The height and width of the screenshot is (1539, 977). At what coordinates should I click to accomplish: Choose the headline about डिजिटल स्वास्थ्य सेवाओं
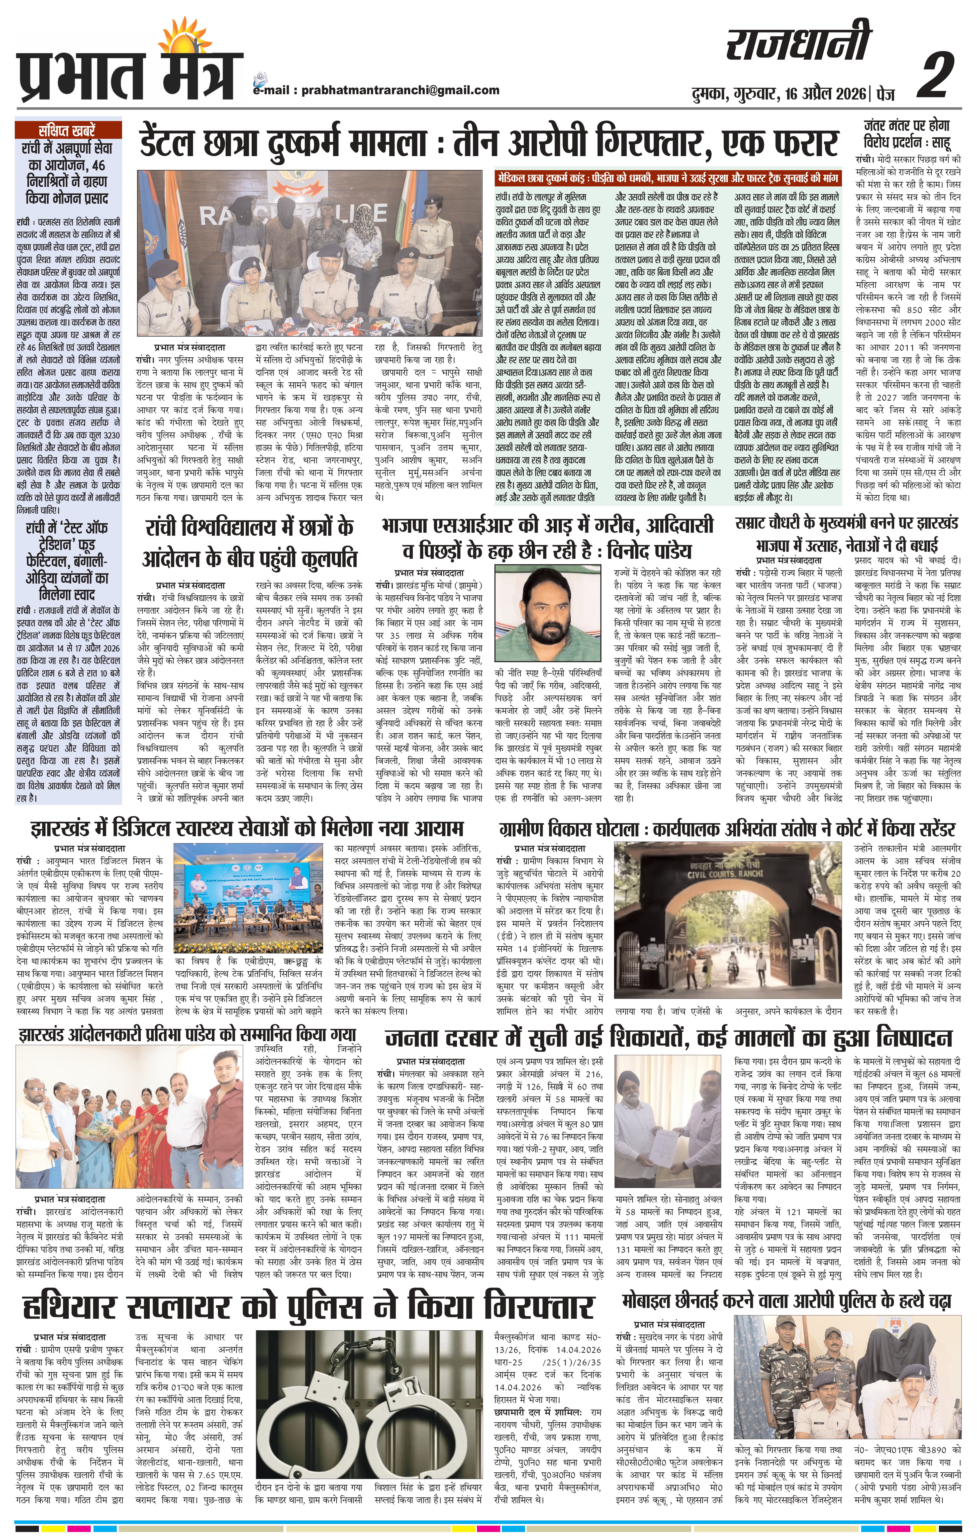point(246,829)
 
